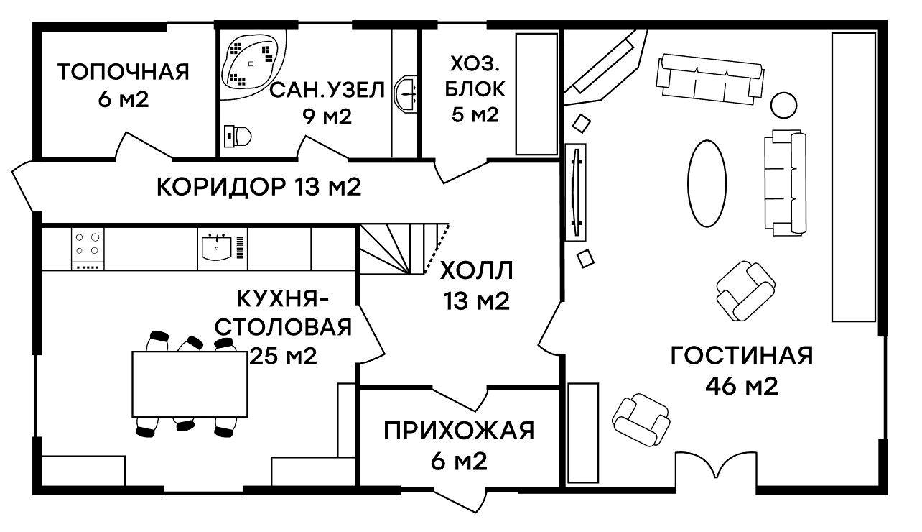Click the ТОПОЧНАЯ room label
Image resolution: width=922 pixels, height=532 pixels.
[123, 72]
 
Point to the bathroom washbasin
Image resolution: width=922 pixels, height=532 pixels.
[406, 93]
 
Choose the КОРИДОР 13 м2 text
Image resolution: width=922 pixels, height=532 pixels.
[259, 187]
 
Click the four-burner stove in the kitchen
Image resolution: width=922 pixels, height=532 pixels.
[88, 249]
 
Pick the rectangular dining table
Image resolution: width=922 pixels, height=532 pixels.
[190, 384]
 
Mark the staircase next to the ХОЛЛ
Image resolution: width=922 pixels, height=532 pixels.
[404, 249]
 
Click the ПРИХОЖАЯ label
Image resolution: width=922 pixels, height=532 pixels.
[459, 431]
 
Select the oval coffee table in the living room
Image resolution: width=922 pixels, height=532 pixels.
[707, 183]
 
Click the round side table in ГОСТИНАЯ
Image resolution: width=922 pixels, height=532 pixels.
[783, 105]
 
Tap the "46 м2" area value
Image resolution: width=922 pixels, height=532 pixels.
[742, 387]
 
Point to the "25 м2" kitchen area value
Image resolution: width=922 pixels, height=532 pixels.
[284, 356]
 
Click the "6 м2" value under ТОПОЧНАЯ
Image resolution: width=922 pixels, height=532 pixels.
[123, 100]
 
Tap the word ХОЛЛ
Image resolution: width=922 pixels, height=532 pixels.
[476, 271]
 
